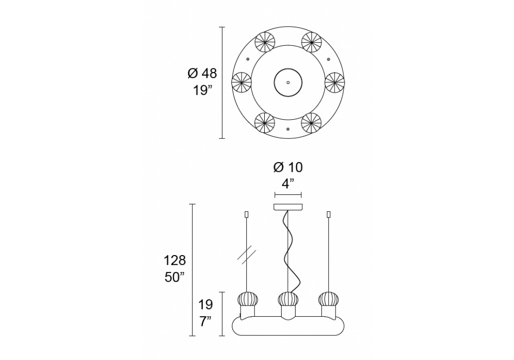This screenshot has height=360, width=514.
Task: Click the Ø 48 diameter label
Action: click(x=202, y=74)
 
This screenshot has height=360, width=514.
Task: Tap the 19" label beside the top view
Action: click(x=200, y=90)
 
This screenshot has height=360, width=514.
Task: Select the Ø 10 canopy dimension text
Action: click(x=288, y=167)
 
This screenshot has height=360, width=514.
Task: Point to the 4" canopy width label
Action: click(x=287, y=184)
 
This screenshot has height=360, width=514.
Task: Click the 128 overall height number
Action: click(x=175, y=261)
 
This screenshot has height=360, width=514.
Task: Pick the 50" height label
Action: click(x=174, y=277)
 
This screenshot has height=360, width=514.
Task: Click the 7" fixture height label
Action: click(x=205, y=321)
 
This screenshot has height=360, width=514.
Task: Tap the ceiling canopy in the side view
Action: click(x=288, y=207)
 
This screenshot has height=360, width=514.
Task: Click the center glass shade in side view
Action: click(x=288, y=299)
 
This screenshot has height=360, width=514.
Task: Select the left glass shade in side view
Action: click(x=248, y=299)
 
